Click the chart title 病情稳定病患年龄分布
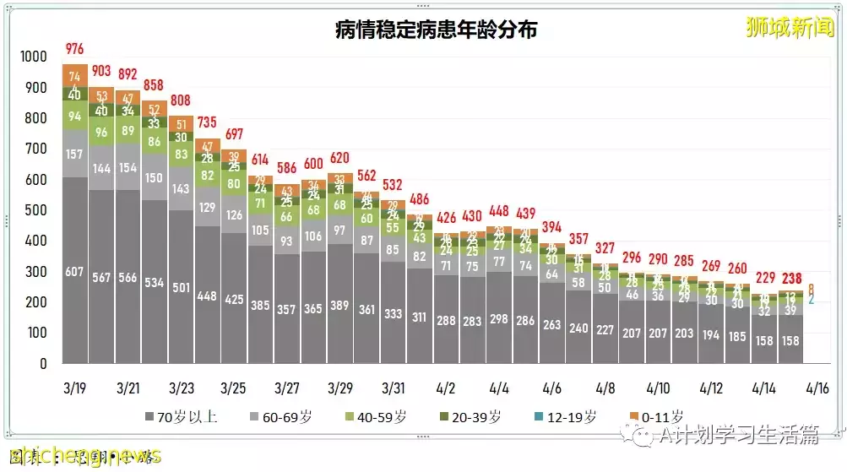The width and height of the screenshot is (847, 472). click(x=436, y=30)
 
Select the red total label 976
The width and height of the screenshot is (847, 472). click(x=75, y=48)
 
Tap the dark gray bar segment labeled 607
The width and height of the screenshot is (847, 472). click(x=75, y=271)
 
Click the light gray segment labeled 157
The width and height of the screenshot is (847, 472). click(x=75, y=154)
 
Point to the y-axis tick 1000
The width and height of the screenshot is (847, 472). click(x=35, y=57)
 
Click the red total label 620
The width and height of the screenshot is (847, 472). click(x=340, y=157)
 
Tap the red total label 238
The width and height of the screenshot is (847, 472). click(x=791, y=279)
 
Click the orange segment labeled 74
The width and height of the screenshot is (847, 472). click(x=75, y=76)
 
